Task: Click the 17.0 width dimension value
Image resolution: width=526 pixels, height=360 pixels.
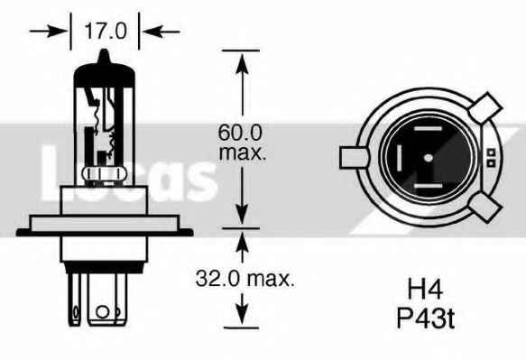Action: point(106,32)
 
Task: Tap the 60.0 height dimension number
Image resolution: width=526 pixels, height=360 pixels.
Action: point(241,132)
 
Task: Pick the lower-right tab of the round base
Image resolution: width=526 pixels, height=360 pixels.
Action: point(484,209)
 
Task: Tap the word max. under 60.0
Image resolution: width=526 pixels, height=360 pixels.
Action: point(242,152)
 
